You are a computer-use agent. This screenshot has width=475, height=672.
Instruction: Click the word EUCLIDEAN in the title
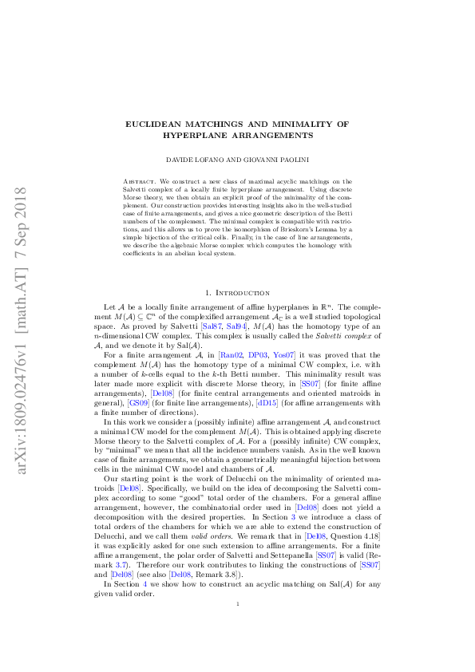tap(156, 125)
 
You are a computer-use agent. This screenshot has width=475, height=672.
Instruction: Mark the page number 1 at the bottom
tap(238, 627)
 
